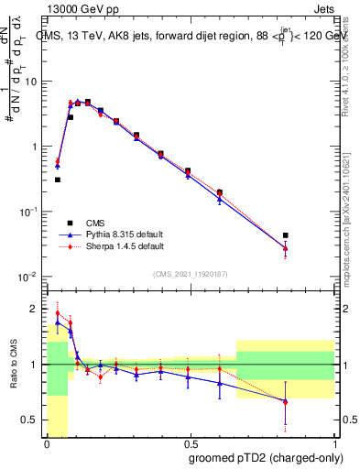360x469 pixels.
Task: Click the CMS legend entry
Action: tap(95, 223)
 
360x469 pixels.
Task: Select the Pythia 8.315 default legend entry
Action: tap(121, 234)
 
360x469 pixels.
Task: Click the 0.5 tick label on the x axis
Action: tap(190, 443)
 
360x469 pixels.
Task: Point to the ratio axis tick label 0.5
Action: tap(32, 421)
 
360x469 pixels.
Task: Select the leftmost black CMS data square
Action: tap(58, 180)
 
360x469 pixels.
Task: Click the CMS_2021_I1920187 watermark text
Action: tap(191, 274)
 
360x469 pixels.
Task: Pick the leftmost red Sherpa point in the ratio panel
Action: tap(58, 313)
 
